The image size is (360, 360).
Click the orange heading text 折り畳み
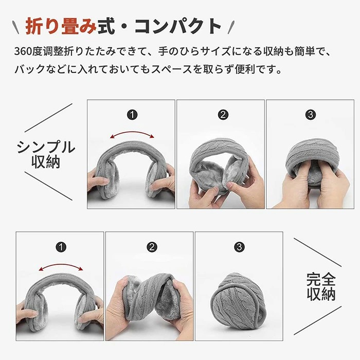61,26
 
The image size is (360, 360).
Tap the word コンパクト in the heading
178,26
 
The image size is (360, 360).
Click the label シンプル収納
46,154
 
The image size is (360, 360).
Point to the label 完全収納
321,286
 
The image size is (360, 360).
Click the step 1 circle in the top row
132,114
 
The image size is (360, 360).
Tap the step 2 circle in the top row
223,114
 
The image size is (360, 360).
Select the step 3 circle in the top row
311,114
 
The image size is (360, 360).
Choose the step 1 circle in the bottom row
61,247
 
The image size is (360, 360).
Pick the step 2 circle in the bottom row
152,247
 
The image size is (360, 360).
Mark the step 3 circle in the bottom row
239,247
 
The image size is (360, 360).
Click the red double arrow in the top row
132,133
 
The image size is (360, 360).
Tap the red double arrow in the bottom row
61,265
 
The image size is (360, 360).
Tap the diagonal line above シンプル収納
48,118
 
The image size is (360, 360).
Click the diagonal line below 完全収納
317,320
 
